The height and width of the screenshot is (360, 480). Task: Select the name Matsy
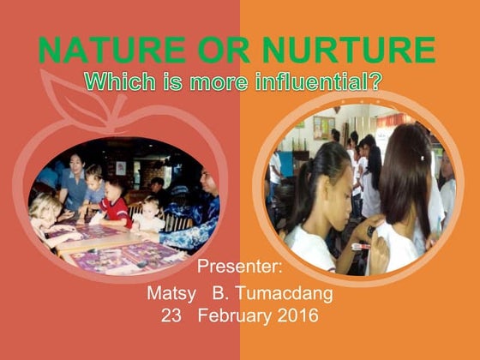(171, 294)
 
